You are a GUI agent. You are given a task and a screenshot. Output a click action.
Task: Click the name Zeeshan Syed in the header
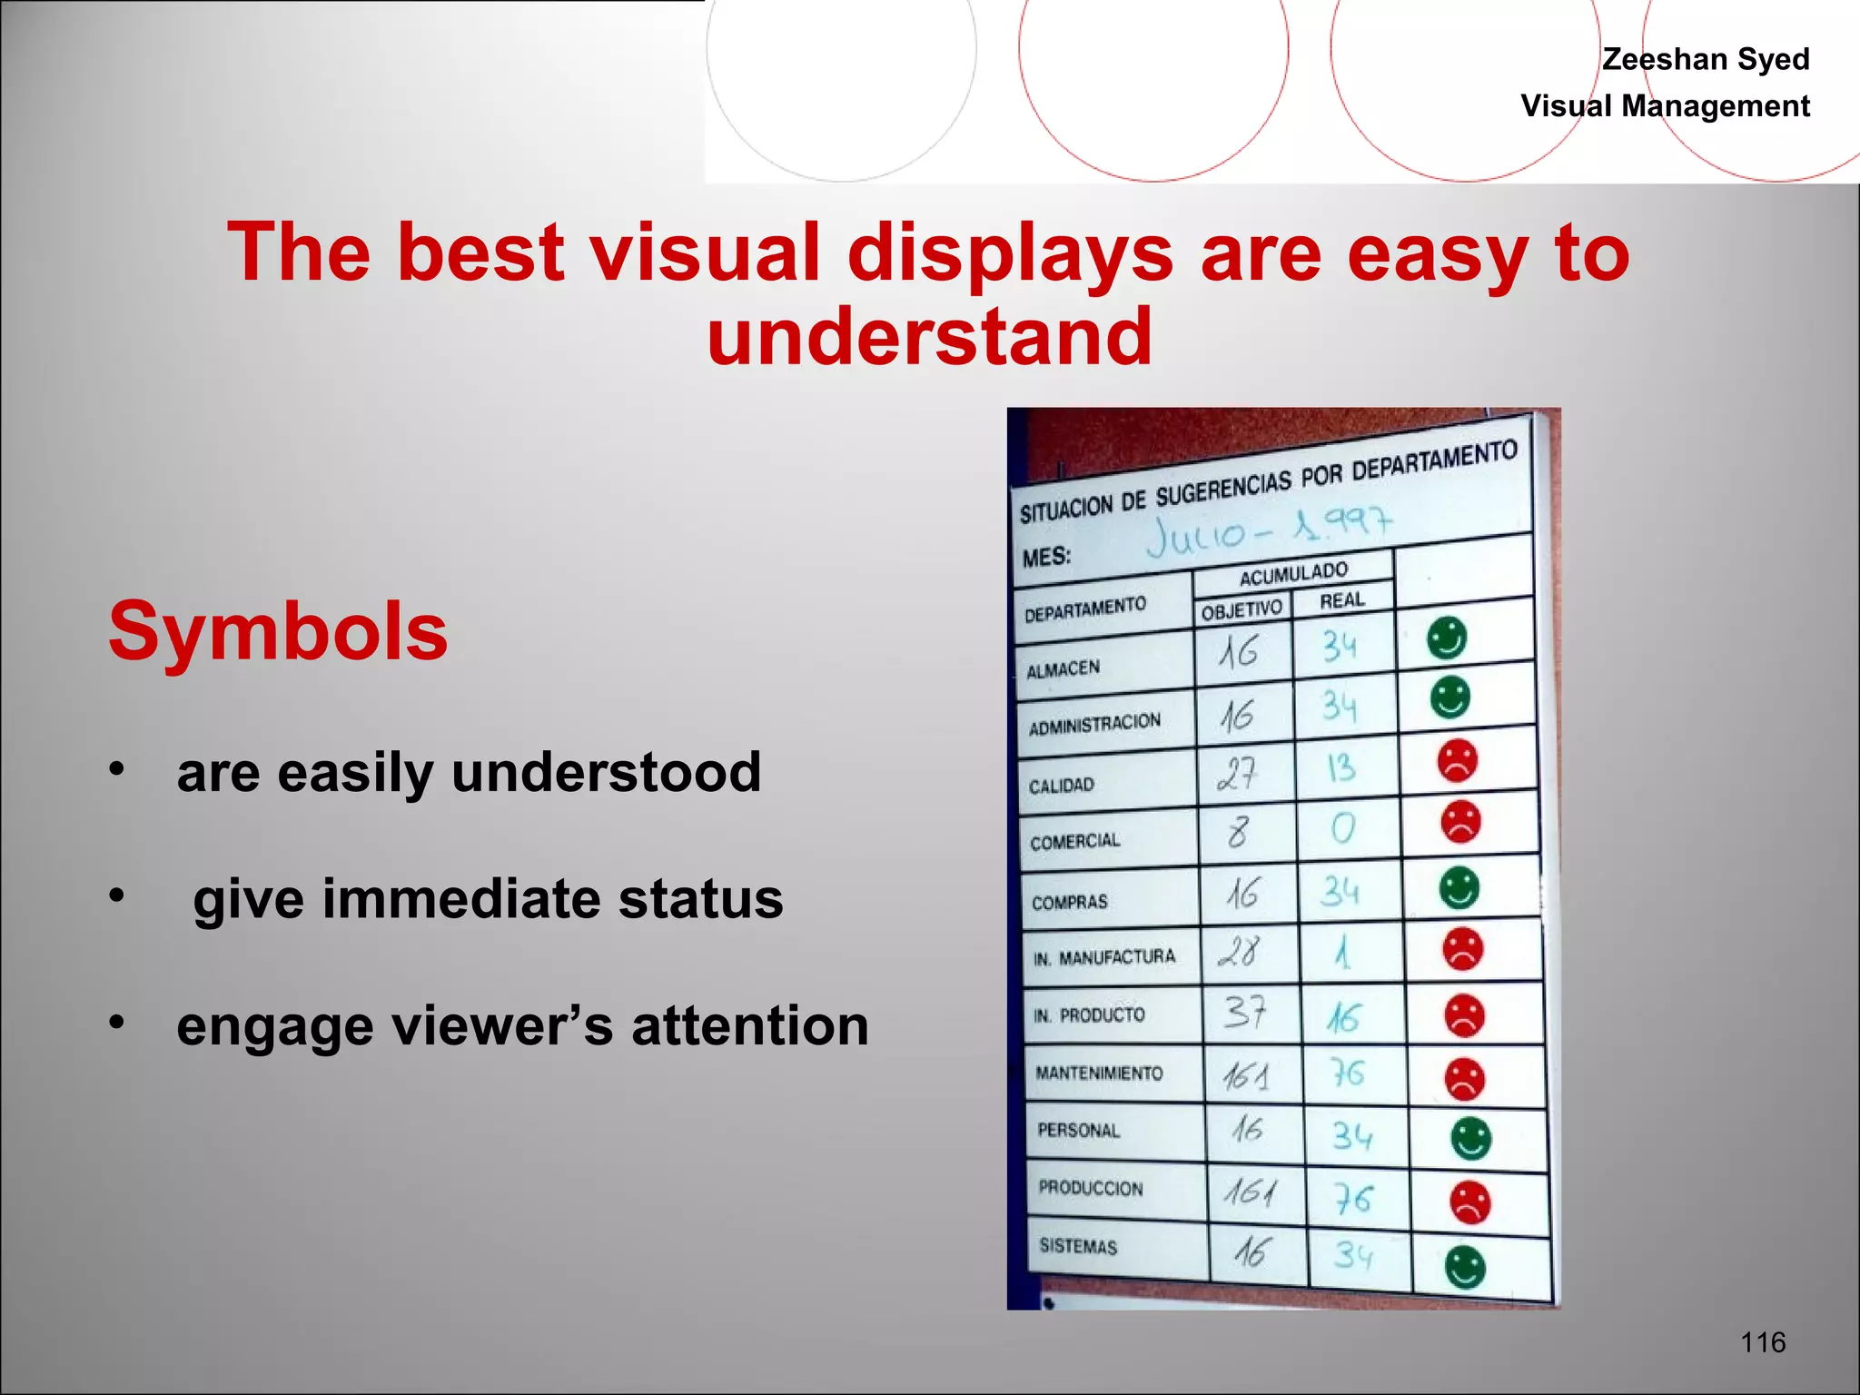[1705, 60]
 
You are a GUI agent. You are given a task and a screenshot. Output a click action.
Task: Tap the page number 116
[1763, 1341]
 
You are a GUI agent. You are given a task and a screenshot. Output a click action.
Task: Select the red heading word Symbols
[278, 631]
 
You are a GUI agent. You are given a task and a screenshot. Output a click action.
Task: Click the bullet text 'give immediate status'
[488, 899]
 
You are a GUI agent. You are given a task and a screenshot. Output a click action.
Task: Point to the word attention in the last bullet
[749, 1026]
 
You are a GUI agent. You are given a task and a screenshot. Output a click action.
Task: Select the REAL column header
[1341, 600]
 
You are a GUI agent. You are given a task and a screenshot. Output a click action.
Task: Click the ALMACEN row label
[1063, 670]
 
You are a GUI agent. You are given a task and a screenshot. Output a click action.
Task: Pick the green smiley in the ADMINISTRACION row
[1449, 697]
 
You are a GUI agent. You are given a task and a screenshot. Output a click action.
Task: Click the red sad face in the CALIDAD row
[1457, 761]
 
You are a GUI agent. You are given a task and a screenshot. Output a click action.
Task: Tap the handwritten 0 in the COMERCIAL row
[1342, 828]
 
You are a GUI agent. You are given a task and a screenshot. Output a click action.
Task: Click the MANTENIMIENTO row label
[1099, 1073]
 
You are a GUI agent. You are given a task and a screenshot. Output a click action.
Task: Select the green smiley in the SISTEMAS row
[1464, 1267]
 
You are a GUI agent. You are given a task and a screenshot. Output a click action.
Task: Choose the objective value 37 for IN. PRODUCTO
[1243, 1012]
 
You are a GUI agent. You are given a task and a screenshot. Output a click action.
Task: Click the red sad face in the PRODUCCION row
[1469, 1202]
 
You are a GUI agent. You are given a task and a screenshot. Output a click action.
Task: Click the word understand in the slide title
[929, 336]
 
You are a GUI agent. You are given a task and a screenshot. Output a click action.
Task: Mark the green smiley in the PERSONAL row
[1470, 1138]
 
